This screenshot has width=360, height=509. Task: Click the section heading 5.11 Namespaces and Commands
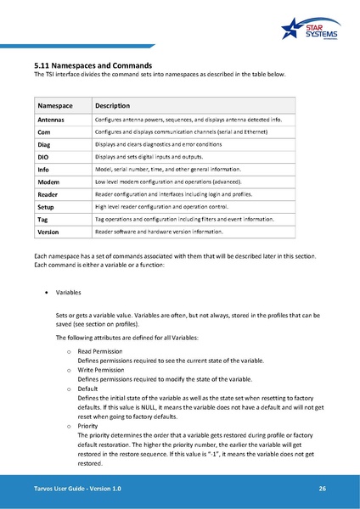pyautogui.click(x=93, y=65)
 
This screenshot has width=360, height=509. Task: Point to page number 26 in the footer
pyautogui.click(x=323, y=489)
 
